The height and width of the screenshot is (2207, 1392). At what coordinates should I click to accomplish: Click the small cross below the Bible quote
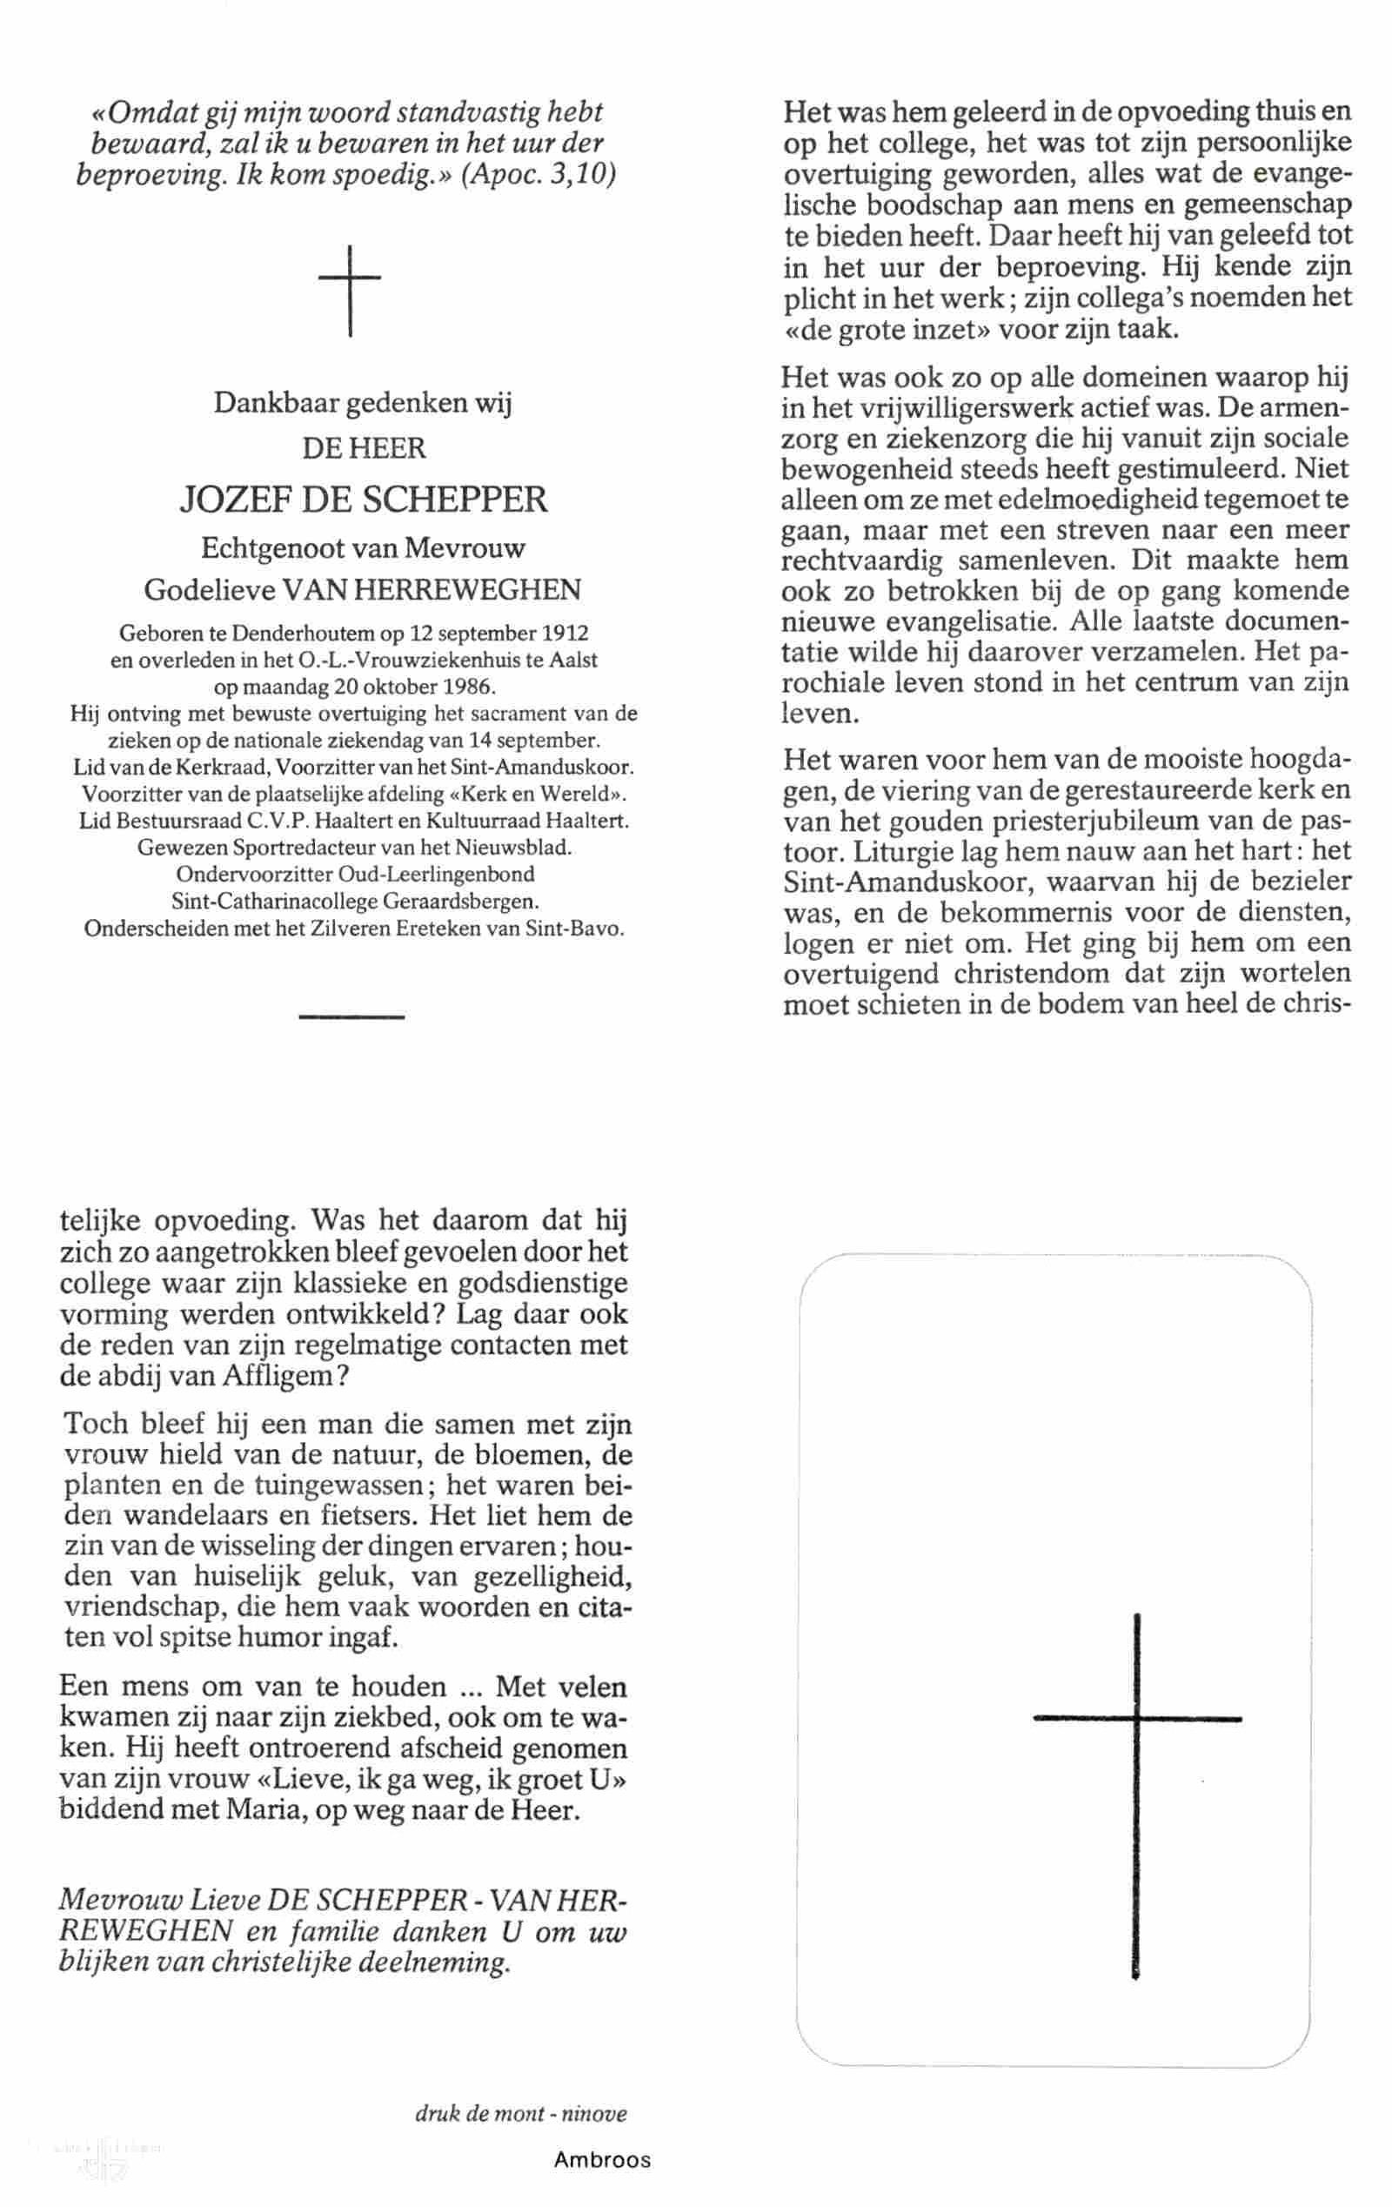(x=349, y=290)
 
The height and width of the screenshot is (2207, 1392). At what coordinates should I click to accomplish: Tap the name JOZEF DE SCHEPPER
(x=363, y=500)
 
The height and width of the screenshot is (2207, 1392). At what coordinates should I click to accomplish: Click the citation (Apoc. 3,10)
(x=539, y=173)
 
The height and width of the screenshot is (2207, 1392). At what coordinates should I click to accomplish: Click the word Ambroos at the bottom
(x=602, y=2160)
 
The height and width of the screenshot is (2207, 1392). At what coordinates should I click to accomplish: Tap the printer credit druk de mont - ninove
(x=520, y=2114)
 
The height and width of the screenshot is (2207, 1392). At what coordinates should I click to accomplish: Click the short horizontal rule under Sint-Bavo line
(x=351, y=1016)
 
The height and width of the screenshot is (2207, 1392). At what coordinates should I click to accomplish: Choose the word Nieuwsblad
(x=519, y=847)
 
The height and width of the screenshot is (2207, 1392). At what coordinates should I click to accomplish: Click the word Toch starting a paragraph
(x=96, y=1424)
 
